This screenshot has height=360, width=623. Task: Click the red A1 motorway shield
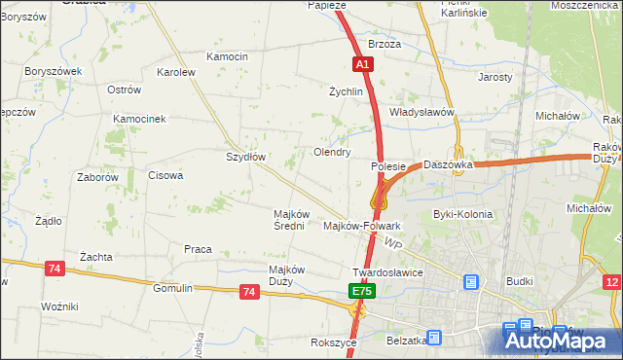click(x=361, y=64)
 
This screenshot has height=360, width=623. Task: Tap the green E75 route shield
click(x=362, y=291)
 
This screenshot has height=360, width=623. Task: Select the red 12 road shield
click(x=611, y=282)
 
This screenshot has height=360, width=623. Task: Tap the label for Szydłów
click(x=245, y=156)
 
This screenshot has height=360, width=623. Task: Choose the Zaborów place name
click(x=97, y=177)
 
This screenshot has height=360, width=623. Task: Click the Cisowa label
click(x=165, y=175)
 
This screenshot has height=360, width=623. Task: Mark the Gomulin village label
click(x=173, y=288)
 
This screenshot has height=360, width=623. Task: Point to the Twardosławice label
click(x=387, y=272)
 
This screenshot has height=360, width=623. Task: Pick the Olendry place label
click(x=331, y=152)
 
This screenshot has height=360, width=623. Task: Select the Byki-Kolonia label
click(x=462, y=214)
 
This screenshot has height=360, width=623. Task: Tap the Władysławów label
click(x=422, y=112)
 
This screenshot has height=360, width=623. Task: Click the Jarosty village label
click(x=495, y=76)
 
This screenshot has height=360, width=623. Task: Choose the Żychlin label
click(x=346, y=91)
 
